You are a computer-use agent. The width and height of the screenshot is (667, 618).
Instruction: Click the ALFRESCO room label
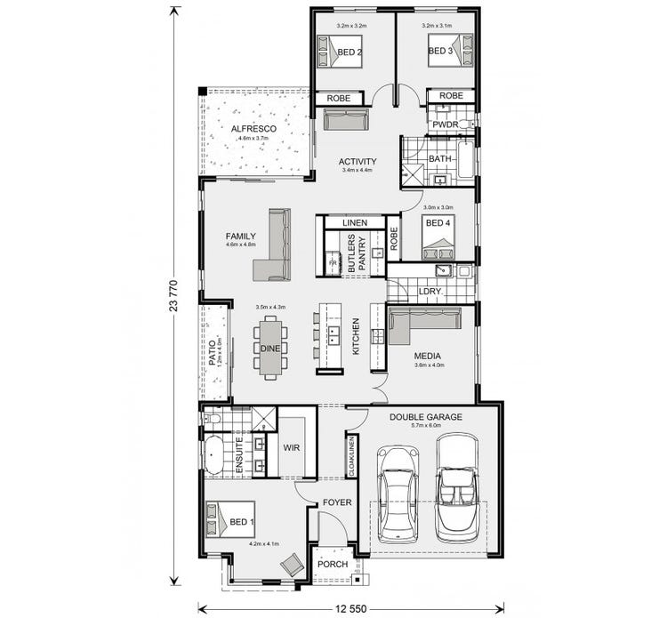coord(254,129)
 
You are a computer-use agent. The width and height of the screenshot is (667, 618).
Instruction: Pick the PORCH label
coord(333,564)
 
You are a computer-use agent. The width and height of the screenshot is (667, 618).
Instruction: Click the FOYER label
coord(337,502)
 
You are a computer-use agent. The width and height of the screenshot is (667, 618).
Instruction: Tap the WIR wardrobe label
coord(291,447)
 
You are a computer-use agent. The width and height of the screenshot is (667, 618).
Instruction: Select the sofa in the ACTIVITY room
coord(345,119)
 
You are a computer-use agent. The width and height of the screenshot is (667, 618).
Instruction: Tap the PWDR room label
coord(445,124)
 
